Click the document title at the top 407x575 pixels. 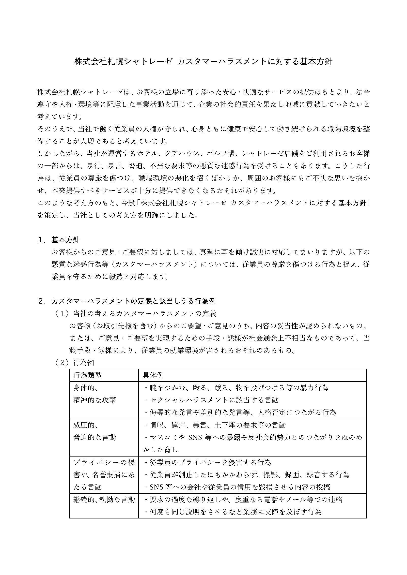pyautogui.click(x=203, y=62)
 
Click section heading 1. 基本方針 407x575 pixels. pyautogui.click(x=59, y=240)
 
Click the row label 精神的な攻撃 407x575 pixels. pyautogui.click(x=94, y=400)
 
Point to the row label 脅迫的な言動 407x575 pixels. pyautogui.click(x=94, y=437)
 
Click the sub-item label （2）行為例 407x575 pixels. pyautogui.click(x=74, y=363)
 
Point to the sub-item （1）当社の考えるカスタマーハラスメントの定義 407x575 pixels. pyautogui.click(x=135, y=313)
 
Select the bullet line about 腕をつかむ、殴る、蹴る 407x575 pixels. pyautogui.click(x=236, y=388)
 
